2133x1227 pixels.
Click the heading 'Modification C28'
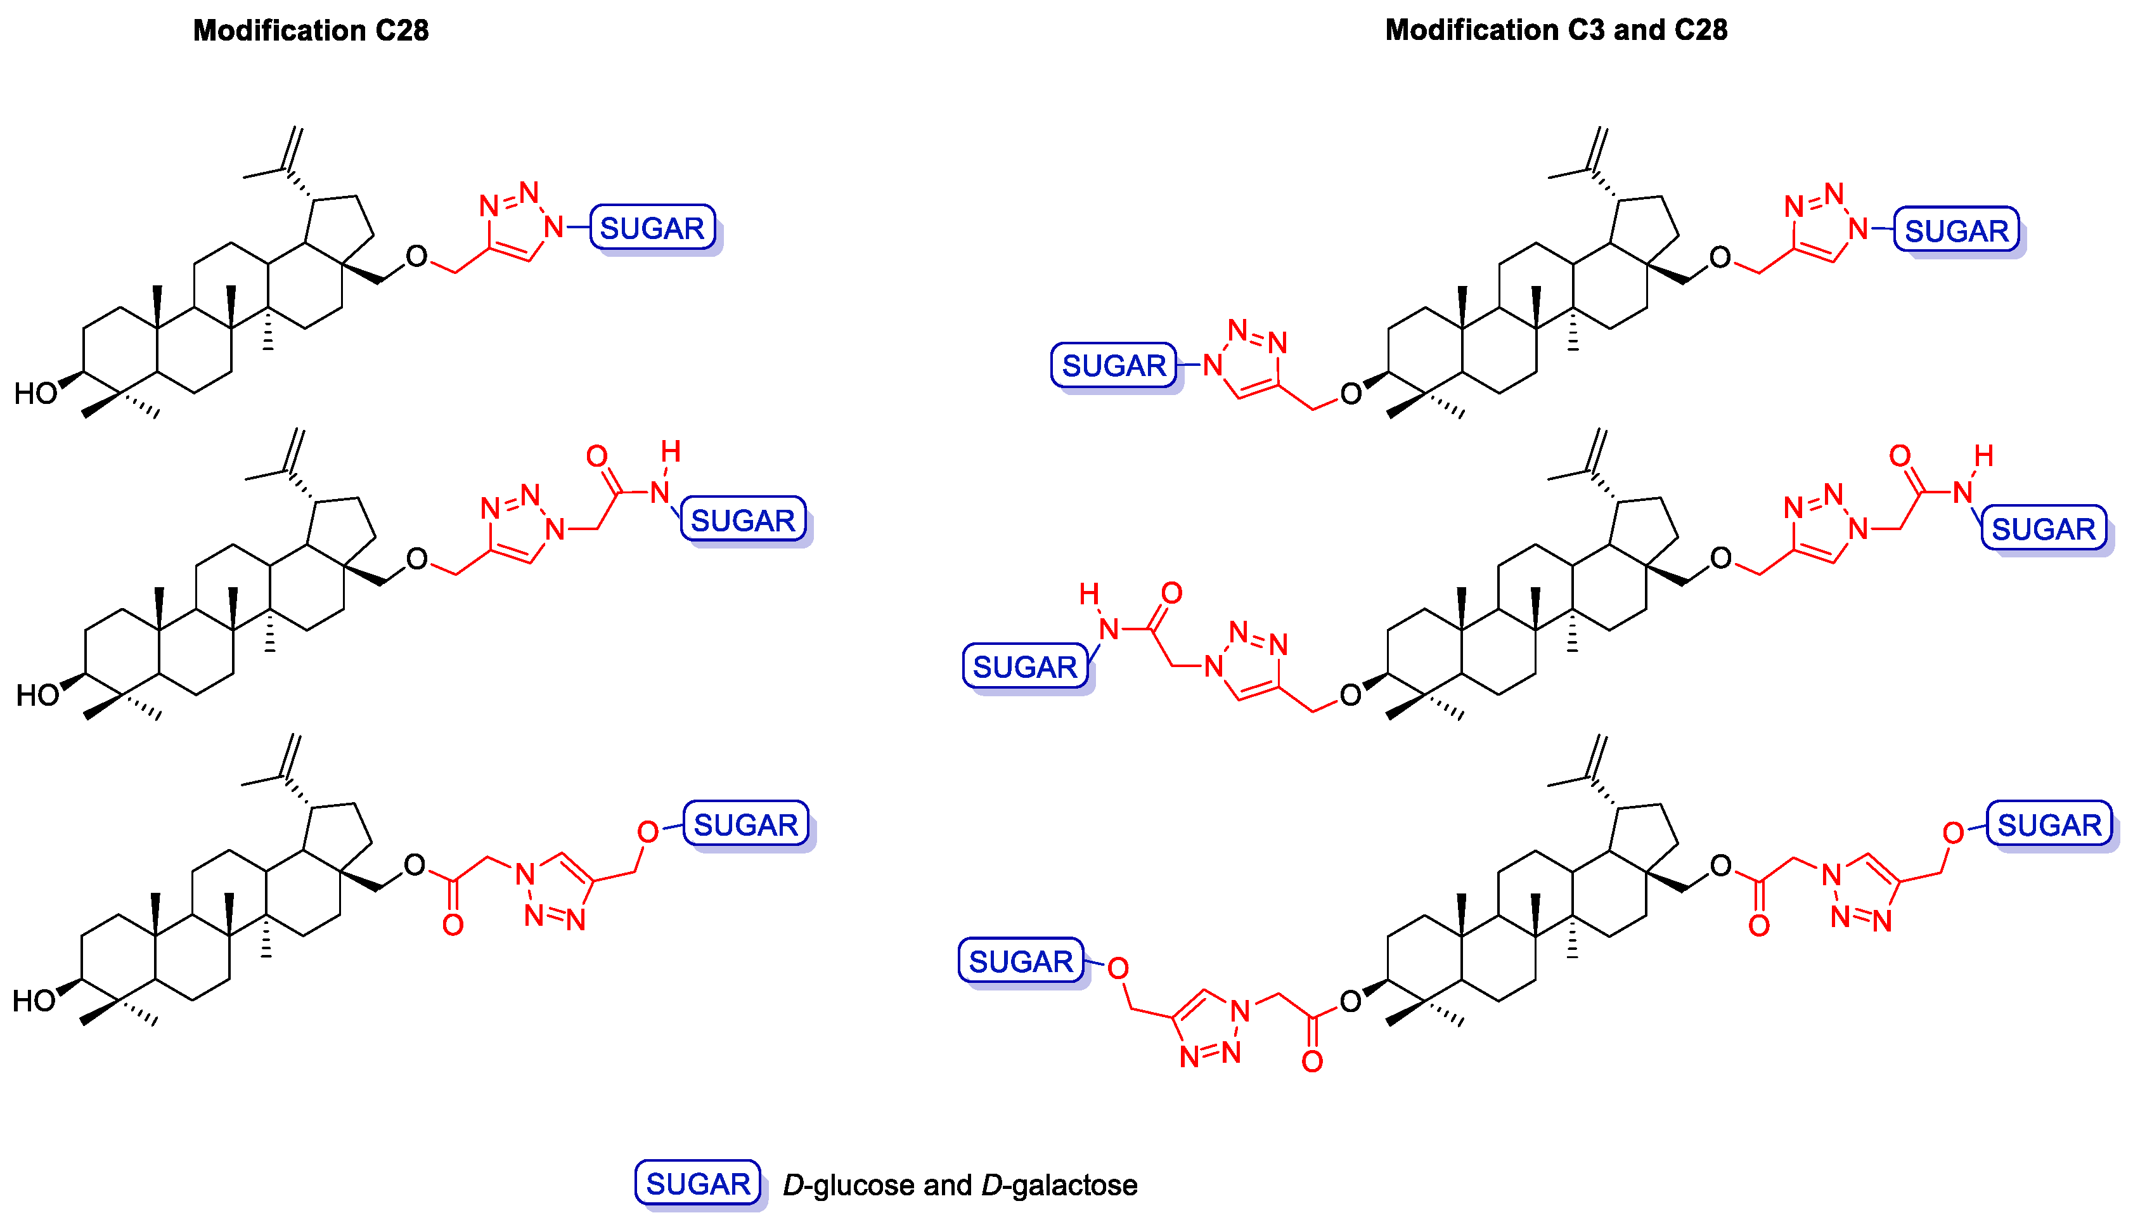(311, 30)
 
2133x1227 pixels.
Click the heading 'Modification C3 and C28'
(1556, 30)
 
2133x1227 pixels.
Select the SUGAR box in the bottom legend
(697, 1184)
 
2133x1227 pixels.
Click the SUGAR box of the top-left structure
(652, 228)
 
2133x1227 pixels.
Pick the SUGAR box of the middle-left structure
(742, 520)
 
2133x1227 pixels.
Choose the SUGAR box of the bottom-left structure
(745, 824)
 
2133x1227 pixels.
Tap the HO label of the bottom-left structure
(34, 1001)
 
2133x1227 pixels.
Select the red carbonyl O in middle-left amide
(597, 457)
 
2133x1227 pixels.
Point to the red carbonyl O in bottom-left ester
(453, 925)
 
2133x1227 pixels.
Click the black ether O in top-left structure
(416, 256)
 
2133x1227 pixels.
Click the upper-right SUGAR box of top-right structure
(1956, 230)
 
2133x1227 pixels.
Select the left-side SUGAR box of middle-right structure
(1024, 666)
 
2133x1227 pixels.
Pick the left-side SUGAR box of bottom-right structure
(1020, 961)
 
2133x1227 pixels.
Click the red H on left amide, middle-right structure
(1089, 594)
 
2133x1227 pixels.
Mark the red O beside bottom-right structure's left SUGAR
(1118, 968)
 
